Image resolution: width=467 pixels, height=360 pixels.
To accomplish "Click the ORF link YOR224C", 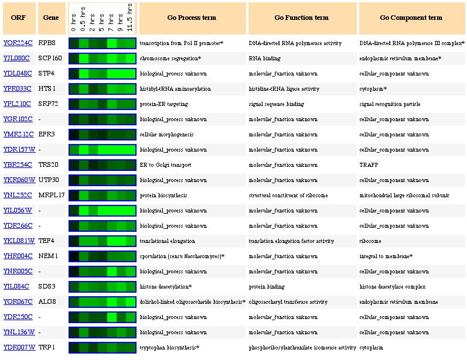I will (18, 43).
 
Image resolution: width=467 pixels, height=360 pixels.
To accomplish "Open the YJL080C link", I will (16, 59).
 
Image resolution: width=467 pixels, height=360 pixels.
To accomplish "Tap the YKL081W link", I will (19, 241).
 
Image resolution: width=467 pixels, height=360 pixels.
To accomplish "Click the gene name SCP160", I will (50, 59).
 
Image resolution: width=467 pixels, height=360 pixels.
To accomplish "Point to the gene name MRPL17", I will (52, 196).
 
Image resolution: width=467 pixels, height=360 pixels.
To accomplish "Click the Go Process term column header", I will (192, 18).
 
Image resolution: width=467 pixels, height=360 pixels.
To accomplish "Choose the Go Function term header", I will (301, 18).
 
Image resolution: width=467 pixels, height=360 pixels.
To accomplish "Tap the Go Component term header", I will (411, 18).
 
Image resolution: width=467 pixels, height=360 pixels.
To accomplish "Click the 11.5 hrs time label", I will (131, 18).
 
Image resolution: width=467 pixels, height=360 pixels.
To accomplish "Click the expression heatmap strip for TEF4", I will (103, 241).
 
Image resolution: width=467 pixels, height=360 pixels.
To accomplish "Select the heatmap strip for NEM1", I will (103, 256).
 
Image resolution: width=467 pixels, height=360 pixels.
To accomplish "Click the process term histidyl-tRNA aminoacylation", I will (175, 89).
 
